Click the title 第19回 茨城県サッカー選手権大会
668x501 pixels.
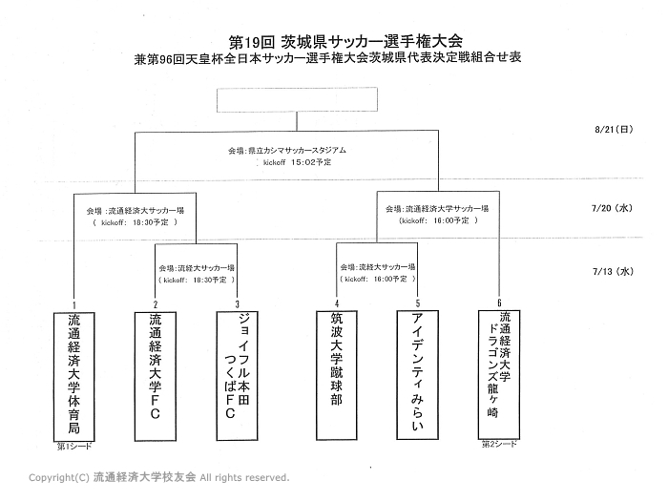click(x=346, y=41)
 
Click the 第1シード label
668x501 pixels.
click(x=78, y=446)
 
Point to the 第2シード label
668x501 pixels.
click(x=498, y=444)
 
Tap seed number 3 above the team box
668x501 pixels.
click(x=238, y=303)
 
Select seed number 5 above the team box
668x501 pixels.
click(x=417, y=303)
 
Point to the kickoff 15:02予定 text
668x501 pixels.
click(x=297, y=162)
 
